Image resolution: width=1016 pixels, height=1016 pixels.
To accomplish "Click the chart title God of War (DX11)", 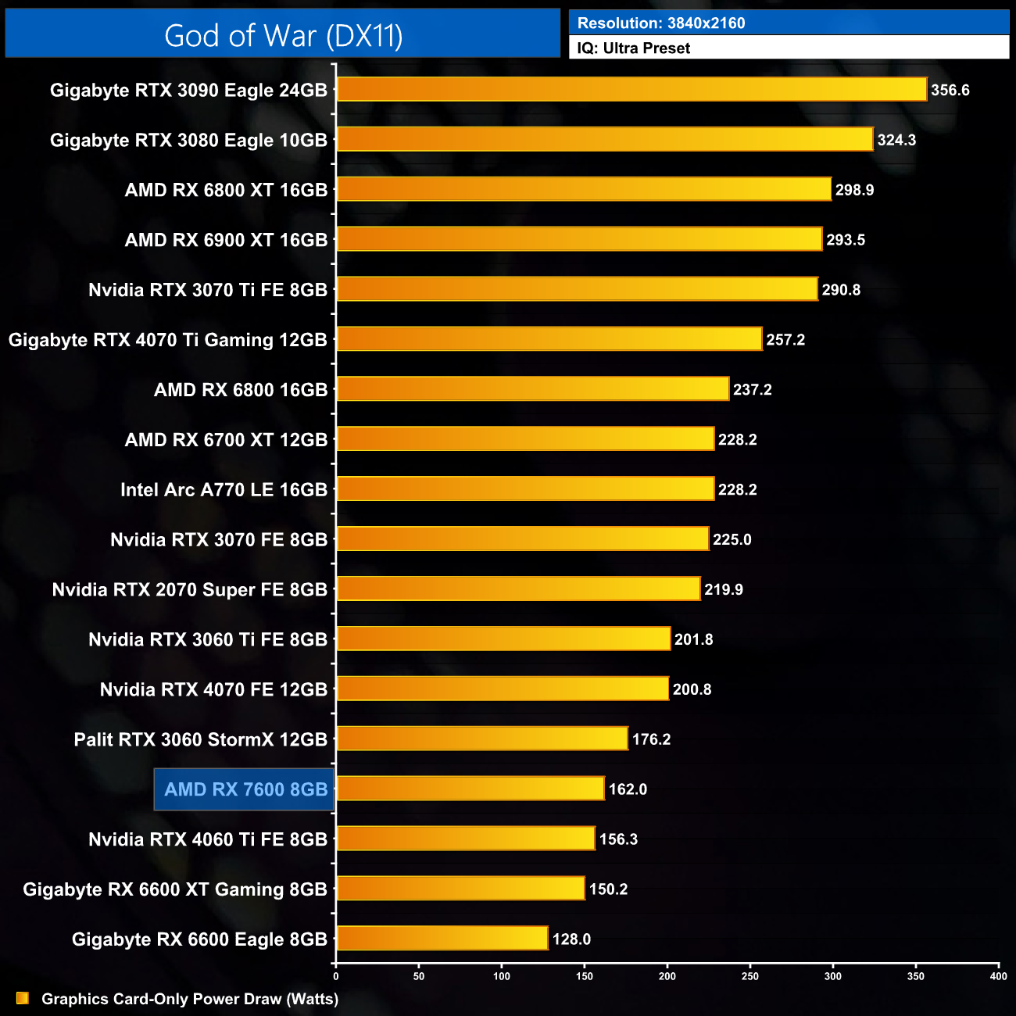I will tap(283, 35).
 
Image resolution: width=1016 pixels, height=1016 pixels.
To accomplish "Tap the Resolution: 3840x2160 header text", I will tap(661, 23).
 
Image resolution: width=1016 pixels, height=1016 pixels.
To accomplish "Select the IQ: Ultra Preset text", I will tap(633, 48).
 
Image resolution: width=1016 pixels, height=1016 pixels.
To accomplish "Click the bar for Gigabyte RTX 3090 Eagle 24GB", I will tap(631, 89).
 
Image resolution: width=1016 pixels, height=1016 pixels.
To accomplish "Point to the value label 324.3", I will tap(896, 140).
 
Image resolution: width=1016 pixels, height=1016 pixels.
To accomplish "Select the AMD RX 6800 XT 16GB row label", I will tap(226, 190).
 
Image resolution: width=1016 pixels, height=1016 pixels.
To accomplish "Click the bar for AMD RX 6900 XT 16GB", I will tap(579, 239).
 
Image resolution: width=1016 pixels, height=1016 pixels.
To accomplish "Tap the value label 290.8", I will tap(841, 290).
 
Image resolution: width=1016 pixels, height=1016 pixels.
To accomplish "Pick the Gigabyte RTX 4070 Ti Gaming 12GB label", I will tap(167, 340).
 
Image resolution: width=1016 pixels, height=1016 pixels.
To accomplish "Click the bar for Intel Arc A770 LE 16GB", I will tap(525, 488).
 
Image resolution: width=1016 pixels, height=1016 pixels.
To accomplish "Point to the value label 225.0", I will tap(732, 539).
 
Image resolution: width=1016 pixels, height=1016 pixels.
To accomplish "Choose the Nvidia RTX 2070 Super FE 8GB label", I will tap(189, 589).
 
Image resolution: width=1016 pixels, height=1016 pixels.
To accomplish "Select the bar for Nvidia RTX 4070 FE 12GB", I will tap(503, 689).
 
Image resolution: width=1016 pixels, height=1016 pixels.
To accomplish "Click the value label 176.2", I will tap(651, 739).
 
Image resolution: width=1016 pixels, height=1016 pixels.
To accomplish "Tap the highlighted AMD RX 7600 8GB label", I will tap(245, 789).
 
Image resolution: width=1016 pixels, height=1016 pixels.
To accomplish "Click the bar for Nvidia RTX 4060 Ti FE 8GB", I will tap(466, 839).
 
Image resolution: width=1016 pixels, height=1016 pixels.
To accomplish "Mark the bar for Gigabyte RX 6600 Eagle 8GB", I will tap(442, 938).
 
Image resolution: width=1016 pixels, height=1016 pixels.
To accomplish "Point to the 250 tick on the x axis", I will tap(750, 975).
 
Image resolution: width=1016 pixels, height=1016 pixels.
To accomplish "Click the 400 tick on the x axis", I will tap(998, 975).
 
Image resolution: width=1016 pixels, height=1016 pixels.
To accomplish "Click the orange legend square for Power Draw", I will tap(23, 998).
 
